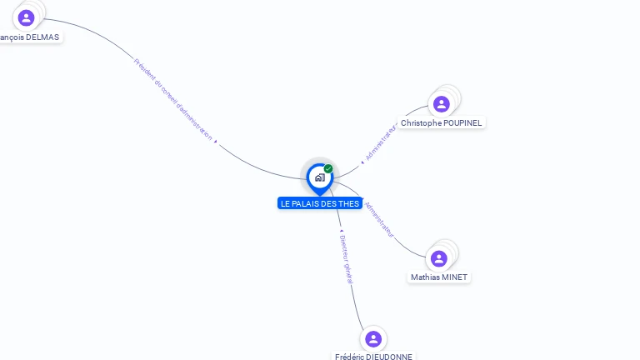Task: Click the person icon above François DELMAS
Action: (x=26, y=17)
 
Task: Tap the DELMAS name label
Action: (x=31, y=37)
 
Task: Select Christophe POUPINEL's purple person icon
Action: (x=441, y=104)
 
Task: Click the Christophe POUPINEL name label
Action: (x=441, y=123)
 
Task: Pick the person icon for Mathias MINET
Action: (x=439, y=259)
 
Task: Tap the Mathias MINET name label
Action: (x=439, y=277)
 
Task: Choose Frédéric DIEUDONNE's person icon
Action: (x=372, y=338)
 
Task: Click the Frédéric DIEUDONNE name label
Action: (x=373, y=357)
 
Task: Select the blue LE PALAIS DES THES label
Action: (x=320, y=204)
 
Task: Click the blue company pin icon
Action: (x=319, y=177)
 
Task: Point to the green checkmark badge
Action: (x=328, y=169)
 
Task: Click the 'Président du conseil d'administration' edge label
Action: (x=173, y=98)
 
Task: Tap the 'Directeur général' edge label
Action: (x=347, y=260)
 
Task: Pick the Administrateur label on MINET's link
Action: (x=379, y=218)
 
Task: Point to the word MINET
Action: (x=455, y=277)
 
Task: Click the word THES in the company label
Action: (x=349, y=204)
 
